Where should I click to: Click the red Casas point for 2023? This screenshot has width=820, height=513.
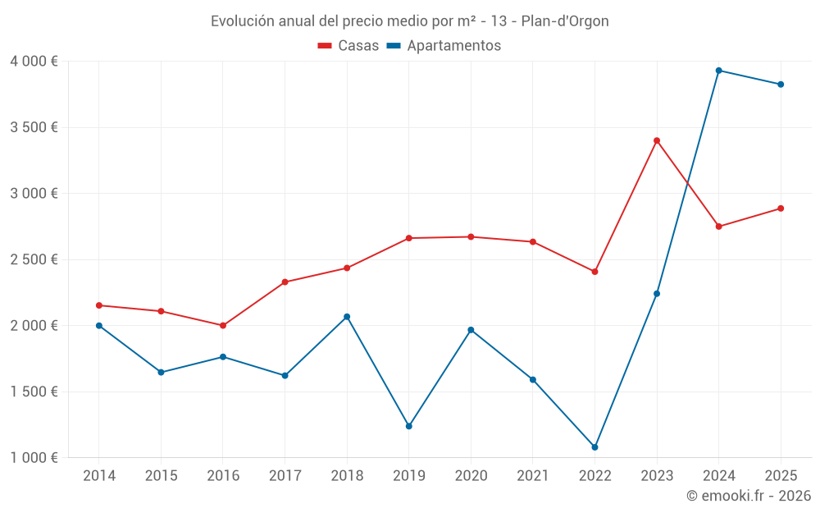[x=657, y=140]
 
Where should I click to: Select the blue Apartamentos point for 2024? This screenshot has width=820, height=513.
[x=718, y=71]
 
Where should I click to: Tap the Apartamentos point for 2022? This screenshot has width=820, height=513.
[x=594, y=447]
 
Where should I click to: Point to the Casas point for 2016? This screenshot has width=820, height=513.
[x=223, y=326]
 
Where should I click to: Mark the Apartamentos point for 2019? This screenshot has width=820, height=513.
[x=408, y=426]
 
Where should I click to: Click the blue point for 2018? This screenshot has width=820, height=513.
[x=347, y=317]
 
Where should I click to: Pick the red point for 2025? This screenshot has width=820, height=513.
[x=781, y=208]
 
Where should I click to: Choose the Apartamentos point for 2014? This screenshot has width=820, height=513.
[x=99, y=326]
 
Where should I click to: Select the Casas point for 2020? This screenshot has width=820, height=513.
[x=471, y=237]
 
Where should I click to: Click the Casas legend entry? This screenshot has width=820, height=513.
[x=348, y=46]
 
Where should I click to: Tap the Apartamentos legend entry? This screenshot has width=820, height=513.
[x=444, y=46]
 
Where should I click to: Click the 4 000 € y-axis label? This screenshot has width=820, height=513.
[x=34, y=62]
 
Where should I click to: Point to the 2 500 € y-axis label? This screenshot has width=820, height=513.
[x=34, y=259]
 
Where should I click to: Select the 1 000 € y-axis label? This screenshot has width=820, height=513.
[x=34, y=458]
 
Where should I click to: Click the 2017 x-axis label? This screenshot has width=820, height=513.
[x=285, y=476]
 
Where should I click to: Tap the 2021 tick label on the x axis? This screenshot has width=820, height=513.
[x=533, y=476]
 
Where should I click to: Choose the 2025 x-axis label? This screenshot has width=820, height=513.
[x=781, y=476]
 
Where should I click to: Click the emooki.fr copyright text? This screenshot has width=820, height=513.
[x=748, y=496]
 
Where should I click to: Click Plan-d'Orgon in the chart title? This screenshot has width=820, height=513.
[x=565, y=21]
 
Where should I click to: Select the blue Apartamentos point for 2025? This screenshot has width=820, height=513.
[x=781, y=85]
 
